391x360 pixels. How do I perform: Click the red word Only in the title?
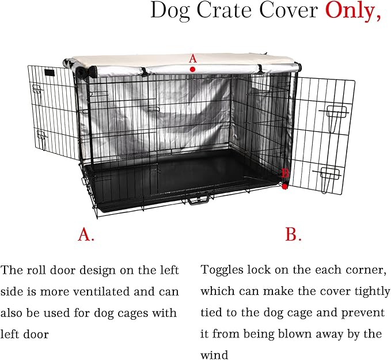click(x=353, y=12)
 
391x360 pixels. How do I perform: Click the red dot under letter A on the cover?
click(x=193, y=69)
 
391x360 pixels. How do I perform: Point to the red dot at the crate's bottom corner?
click(x=285, y=186)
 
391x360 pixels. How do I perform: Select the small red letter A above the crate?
click(x=193, y=58)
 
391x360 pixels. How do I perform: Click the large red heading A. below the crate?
click(x=86, y=234)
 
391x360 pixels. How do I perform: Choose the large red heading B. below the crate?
click(x=294, y=234)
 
